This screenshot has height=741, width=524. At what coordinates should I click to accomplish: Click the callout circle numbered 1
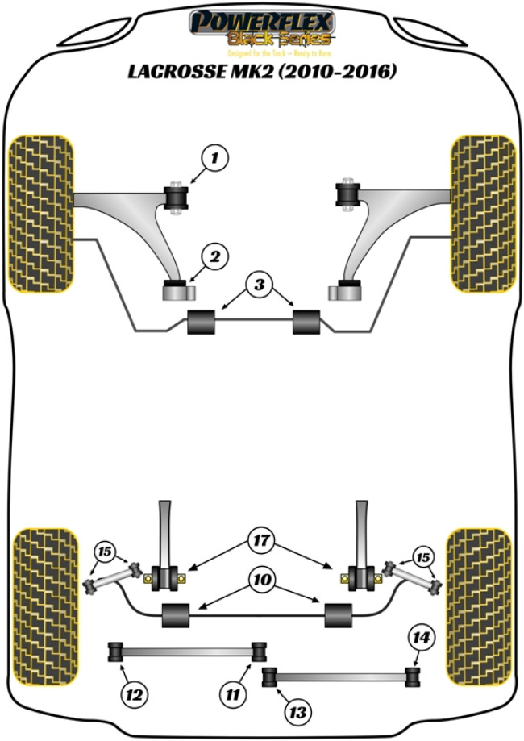click(215, 159)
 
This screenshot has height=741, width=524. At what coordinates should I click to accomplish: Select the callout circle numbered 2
click(214, 257)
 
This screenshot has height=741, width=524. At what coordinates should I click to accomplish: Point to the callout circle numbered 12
click(133, 692)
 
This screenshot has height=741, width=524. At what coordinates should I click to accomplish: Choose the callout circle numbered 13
click(298, 711)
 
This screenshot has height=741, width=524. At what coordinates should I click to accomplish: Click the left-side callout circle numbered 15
click(104, 552)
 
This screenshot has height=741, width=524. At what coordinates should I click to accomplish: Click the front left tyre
click(41, 214)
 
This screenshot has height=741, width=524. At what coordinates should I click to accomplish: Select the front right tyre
click(483, 214)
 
